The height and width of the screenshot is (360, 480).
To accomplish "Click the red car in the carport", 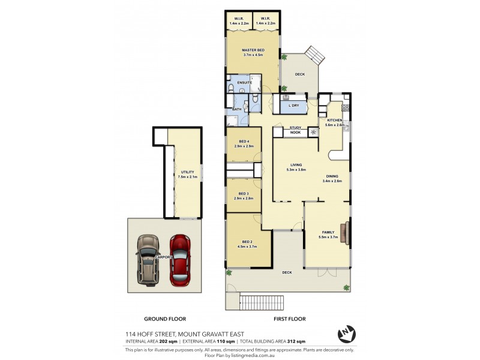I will (x=180, y=259).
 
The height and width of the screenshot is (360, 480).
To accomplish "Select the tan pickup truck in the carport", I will (x=146, y=259).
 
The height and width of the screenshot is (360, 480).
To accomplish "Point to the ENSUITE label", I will (x=244, y=82).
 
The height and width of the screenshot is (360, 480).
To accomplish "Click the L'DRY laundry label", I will (x=294, y=106).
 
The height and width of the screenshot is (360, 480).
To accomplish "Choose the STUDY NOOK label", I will (x=295, y=130).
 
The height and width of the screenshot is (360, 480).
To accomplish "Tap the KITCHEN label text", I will (x=334, y=121).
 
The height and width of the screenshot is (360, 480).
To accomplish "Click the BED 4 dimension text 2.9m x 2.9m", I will (x=244, y=146).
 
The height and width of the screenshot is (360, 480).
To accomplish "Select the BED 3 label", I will (x=243, y=193).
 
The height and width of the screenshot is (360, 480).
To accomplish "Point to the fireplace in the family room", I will (x=345, y=230).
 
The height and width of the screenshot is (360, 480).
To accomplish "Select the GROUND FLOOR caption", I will (x=165, y=319).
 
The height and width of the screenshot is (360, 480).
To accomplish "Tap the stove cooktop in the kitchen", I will (x=345, y=109).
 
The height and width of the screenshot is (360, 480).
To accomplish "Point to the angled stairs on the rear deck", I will (x=314, y=56).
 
